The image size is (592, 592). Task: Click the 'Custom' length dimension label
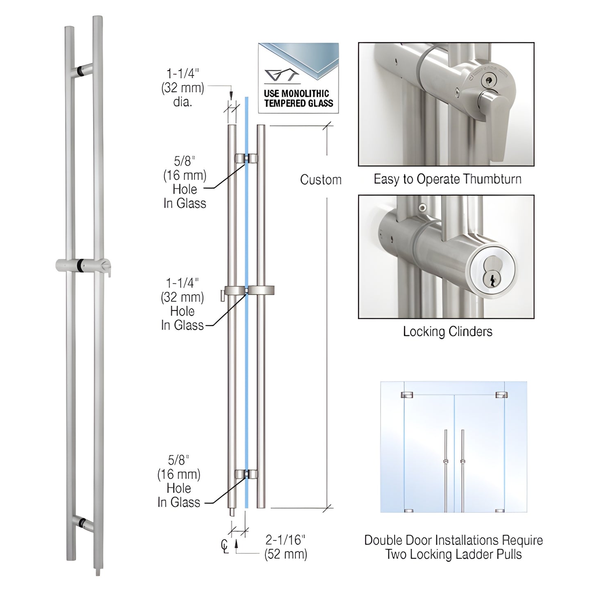(x=320, y=180)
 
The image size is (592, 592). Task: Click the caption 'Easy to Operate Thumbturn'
(x=447, y=179)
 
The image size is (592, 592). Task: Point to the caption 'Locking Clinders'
(x=447, y=331)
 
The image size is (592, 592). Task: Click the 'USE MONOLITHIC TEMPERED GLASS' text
(x=299, y=98)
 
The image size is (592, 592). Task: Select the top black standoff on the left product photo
(x=85, y=70)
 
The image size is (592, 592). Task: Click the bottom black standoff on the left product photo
(x=83, y=523)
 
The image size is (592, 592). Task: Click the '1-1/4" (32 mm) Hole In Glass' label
(x=182, y=304)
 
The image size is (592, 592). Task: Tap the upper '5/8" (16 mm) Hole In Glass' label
(x=184, y=182)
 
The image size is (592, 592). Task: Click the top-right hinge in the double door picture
(x=501, y=395)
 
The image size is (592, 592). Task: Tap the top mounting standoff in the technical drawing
(x=246, y=158)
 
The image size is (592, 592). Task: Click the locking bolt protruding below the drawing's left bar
(x=232, y=513)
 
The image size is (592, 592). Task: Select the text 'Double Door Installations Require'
(x=454, y=540)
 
